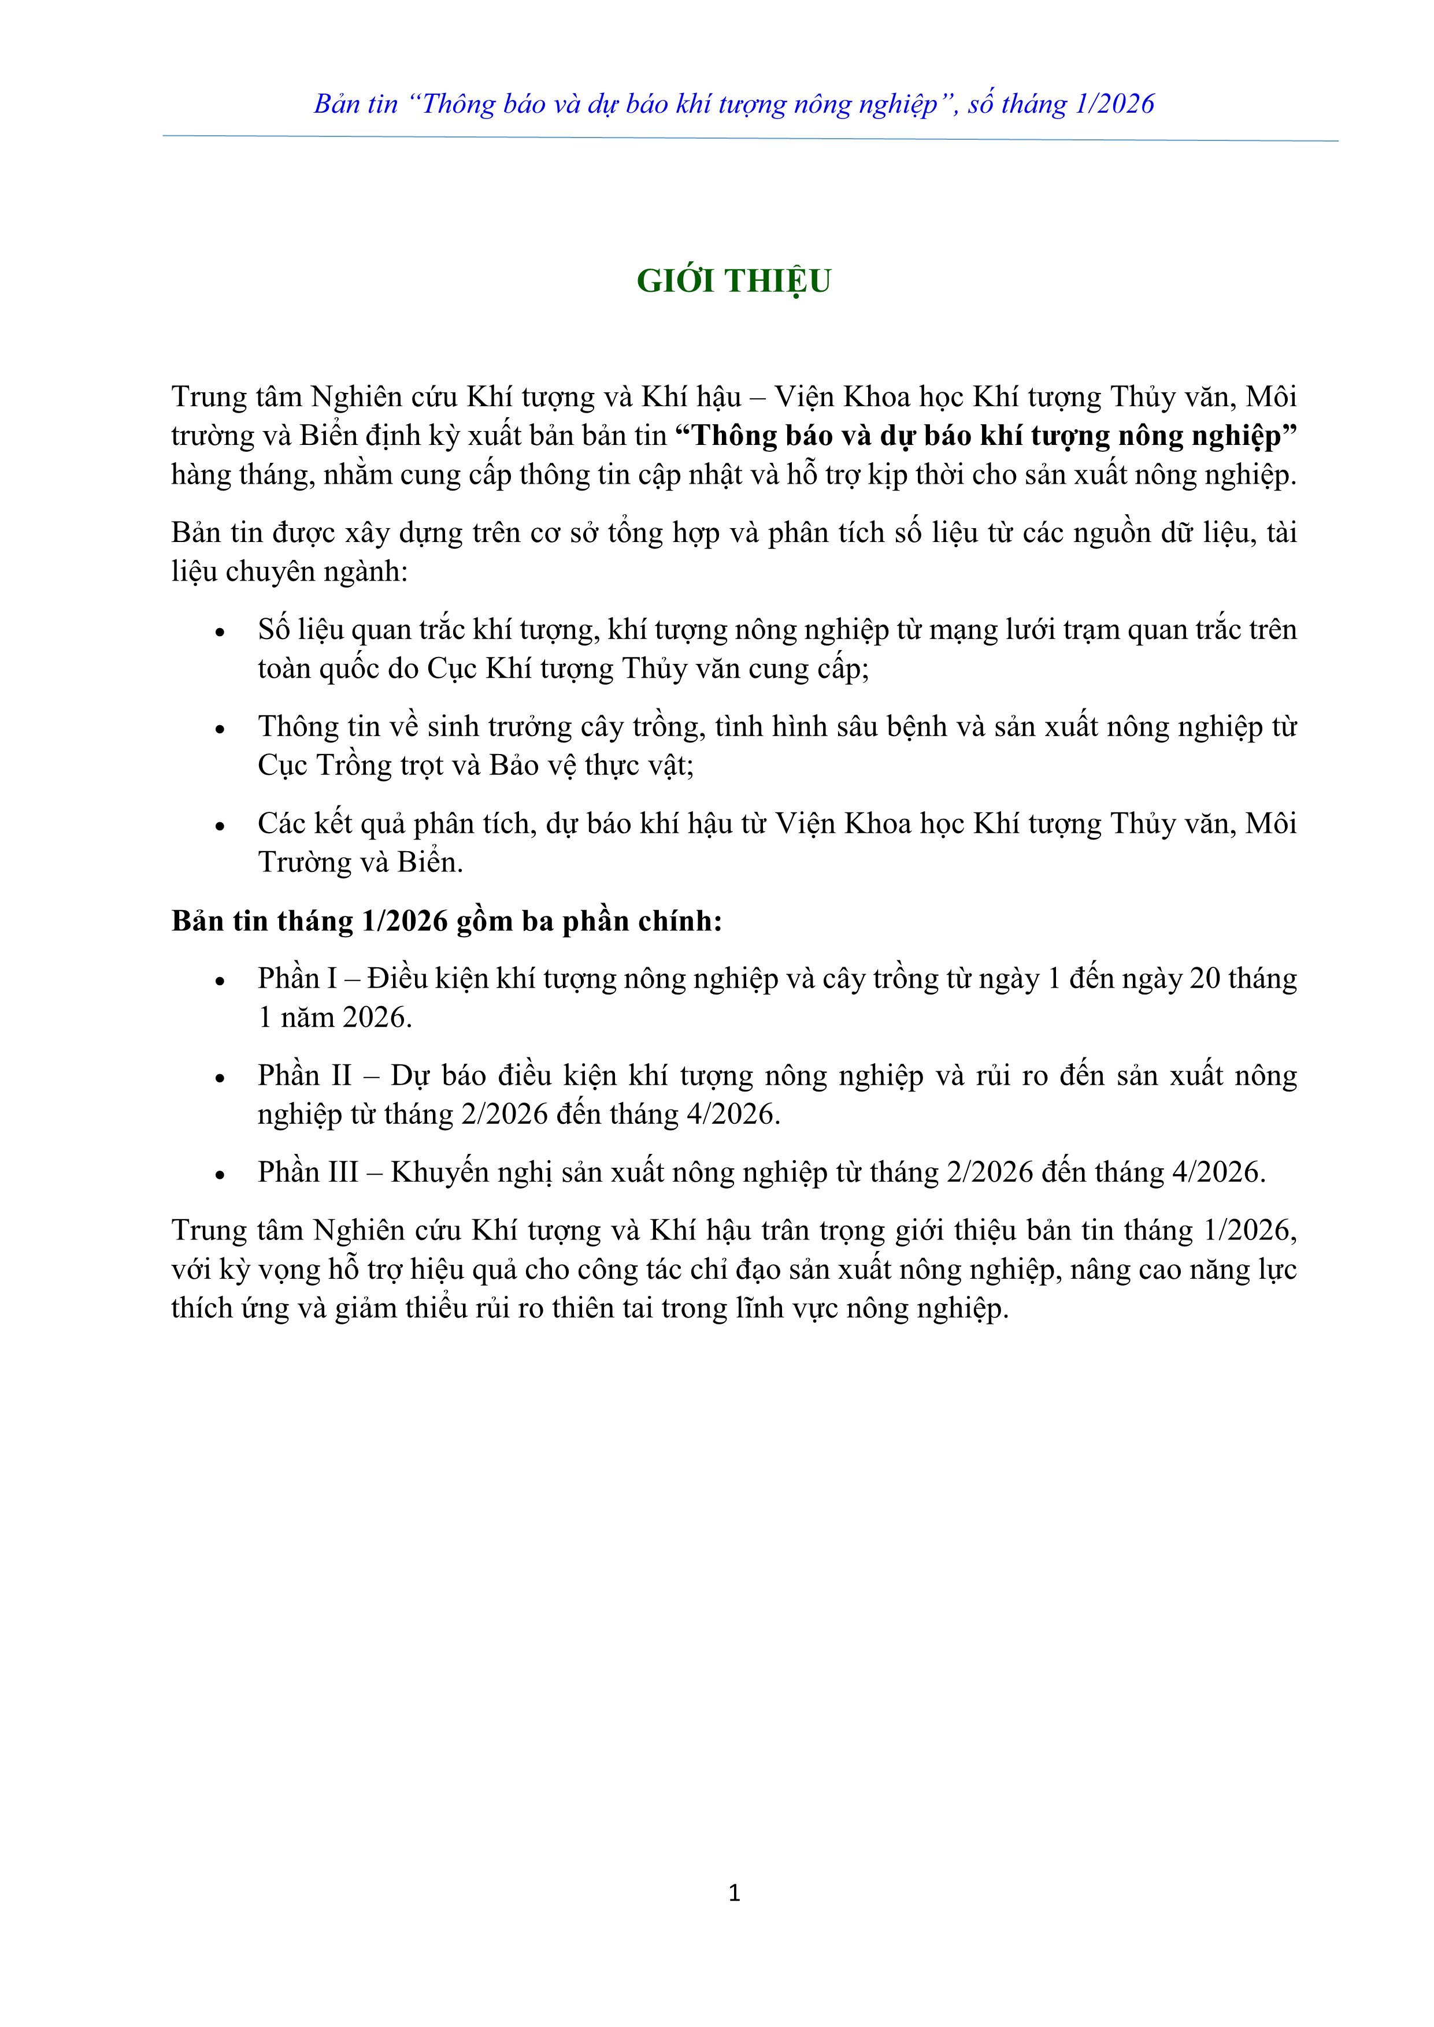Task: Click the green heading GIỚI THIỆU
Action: (734, 281)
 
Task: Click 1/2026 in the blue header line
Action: (1114, 104)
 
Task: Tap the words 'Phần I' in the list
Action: (297, 978)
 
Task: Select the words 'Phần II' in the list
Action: (304, 1075)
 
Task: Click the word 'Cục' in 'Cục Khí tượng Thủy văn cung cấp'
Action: (452, 669)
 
